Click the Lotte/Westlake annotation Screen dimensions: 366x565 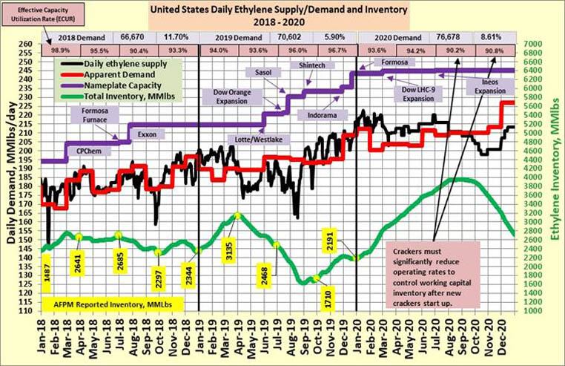[x=263, y=139]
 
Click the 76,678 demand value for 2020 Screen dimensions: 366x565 [x=443, y=36]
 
